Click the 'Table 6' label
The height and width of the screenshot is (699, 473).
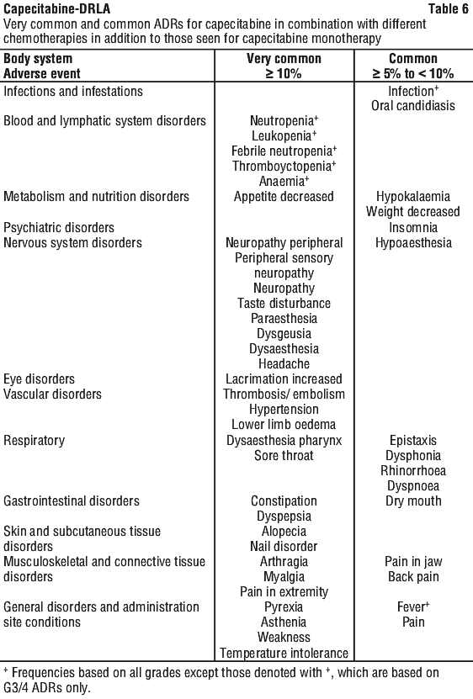tap(448, 8)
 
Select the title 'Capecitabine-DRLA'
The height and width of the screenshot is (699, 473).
tap(56, 8)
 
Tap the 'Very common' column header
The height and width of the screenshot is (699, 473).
tap(284, 58)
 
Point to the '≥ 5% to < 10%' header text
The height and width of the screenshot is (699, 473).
tap(413, 73)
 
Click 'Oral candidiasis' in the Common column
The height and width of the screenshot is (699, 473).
tap(413, 106)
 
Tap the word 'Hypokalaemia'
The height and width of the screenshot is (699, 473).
tap(413, 197)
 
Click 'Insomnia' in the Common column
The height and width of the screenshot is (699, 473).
tap(413, 227)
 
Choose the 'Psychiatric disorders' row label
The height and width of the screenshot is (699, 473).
tap(59, 227)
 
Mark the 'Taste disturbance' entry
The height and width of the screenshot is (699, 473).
tap(284, 303)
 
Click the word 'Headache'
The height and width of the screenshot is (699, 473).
tap(284, 363)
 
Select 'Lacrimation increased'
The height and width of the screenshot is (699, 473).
tap(284, 379)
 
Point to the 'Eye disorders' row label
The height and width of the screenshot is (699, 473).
tap(40, 379)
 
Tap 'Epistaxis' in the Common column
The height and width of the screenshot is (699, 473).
tap(413, 441)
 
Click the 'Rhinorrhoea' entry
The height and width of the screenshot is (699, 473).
tap(413, 471)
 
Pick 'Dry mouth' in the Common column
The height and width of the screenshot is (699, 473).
tap(413, 501)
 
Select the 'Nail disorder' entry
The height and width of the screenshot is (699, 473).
tap(284, 547)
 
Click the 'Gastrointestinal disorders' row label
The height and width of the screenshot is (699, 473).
tap(72, 501)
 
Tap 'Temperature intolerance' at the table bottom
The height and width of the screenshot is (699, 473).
tap(284, 653)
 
